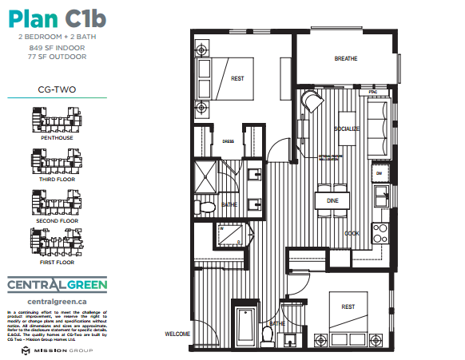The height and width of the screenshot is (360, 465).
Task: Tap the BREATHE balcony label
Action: pos(345,59)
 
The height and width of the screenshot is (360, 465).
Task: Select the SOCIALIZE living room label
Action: pos(348,129)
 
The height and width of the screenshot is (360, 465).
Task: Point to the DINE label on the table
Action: pos(332,201)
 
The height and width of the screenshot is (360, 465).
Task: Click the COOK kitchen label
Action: pos(351,233)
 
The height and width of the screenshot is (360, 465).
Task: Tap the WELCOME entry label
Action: pos(177,334)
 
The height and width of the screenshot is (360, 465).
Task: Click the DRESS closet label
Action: pos(227,142)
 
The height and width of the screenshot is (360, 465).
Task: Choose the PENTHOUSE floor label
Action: pos(57,138)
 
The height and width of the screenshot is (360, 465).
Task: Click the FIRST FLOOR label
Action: pos(57,262)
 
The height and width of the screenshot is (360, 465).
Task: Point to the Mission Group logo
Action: pos(56,350)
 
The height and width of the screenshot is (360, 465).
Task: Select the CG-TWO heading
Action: pos(57,89)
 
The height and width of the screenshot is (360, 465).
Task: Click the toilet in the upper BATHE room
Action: pos(207,207)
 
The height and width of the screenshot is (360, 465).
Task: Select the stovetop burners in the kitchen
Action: pos(381,234)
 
